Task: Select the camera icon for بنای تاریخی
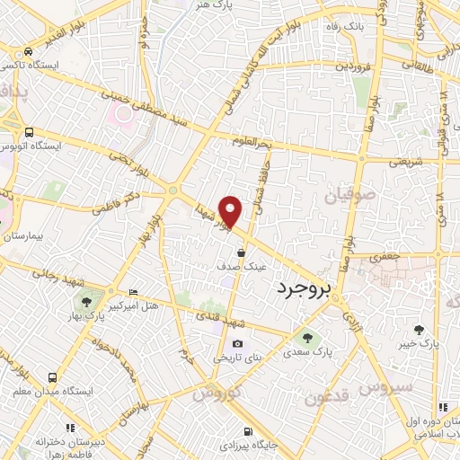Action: coord(237,343)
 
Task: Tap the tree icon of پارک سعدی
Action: coord(307,337)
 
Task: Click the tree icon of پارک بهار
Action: coord(86,302)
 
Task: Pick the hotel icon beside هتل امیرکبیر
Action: coord(134,292)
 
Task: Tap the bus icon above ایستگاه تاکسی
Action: coord(30,51)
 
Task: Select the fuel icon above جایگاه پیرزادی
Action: coord(249,430)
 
